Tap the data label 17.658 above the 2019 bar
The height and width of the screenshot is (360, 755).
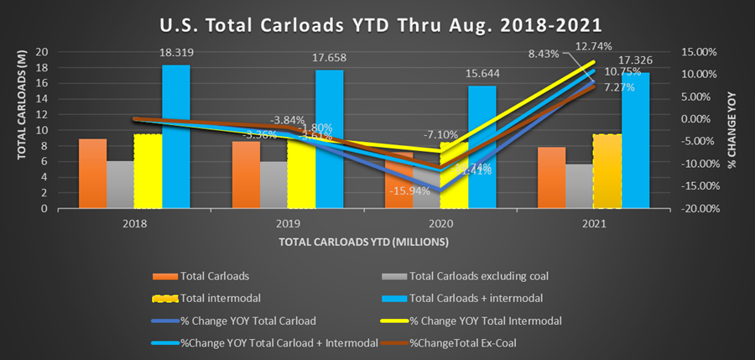coord(328,59)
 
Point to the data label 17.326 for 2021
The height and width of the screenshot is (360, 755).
coord(635,61)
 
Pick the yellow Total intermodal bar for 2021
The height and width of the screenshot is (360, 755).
coord(607,171)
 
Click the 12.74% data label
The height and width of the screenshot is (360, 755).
coord(592,46)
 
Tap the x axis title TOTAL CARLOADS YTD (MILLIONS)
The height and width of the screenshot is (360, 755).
coord(364,242)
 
